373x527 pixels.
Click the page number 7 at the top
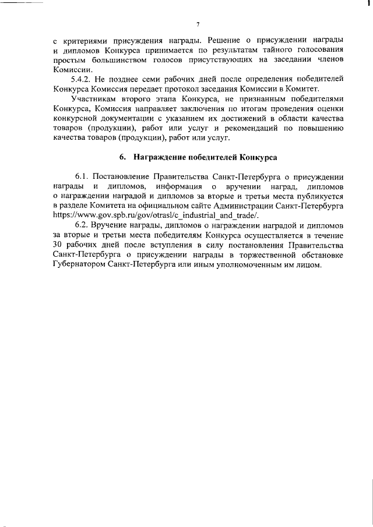(198, 24)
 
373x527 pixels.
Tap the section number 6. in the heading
(123, 158)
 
